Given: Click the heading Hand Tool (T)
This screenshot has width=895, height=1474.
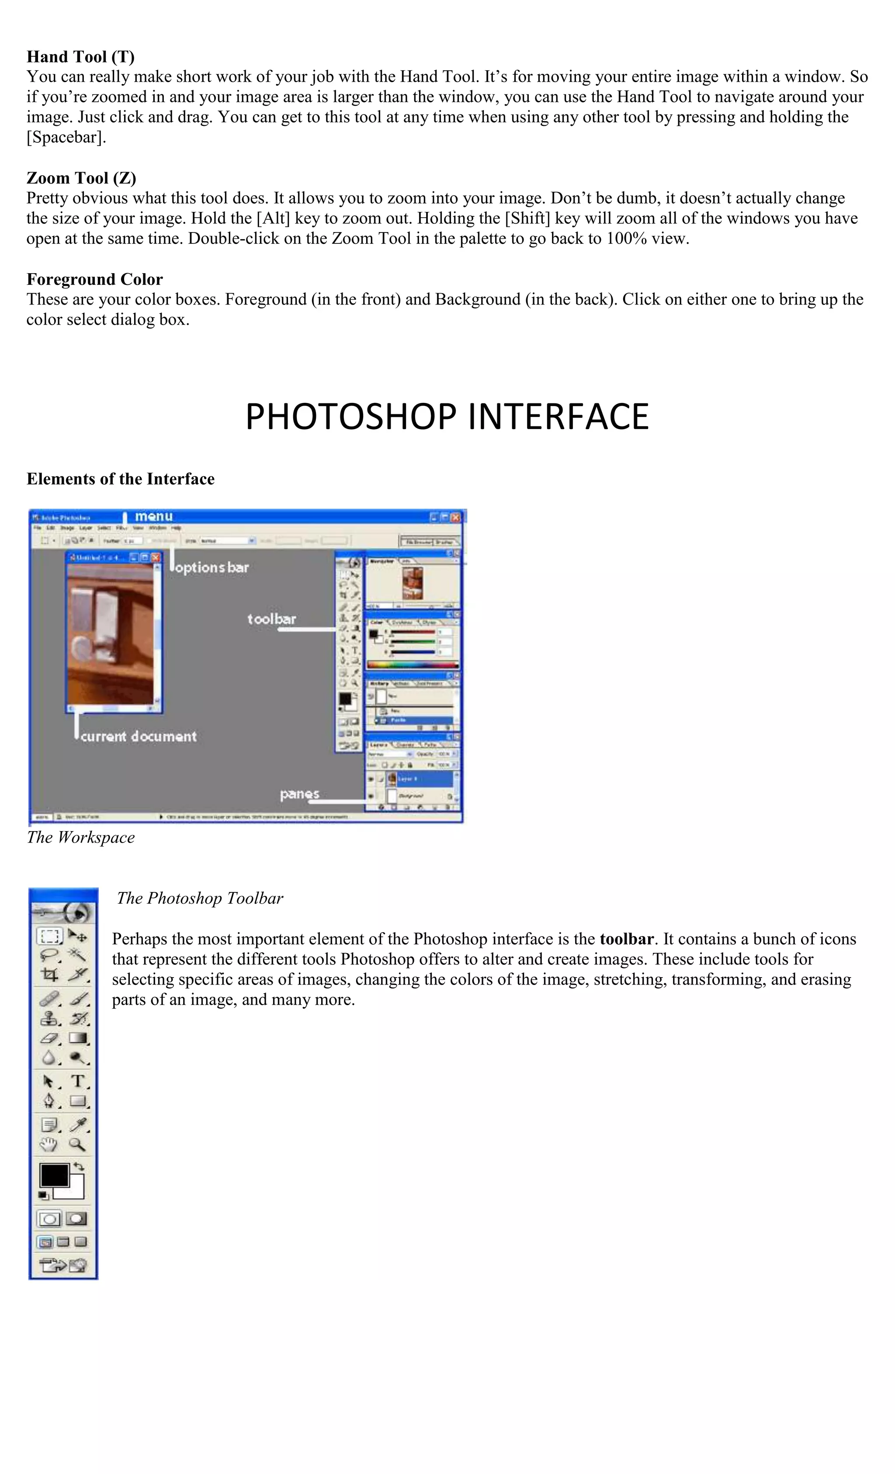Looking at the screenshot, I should pyautogui.click(x=80, y=57).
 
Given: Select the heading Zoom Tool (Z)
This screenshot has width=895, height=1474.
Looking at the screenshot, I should pyautogui.click(x=81, y=178).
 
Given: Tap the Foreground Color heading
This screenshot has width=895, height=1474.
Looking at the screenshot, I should pyautogui.click(x=94, y=279).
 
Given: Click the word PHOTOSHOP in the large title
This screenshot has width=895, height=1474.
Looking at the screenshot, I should pyautogui.click(x=350, y=417).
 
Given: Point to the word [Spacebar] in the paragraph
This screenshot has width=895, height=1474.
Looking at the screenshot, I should pyautogui.click(x=66, y=138).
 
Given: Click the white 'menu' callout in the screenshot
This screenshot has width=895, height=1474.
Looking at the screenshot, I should pyautogui.click(x=154, y=516).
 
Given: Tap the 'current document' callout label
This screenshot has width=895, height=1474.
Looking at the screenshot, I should pyautogui.click(x=138, y=736).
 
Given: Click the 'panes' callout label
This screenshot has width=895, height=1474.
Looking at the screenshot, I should pyautogui.click(x=299, y=794).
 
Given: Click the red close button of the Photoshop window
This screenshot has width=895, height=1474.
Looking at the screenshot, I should pyautogui.click(x=456, y=517).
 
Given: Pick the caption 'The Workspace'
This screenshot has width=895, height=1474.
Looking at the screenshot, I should pyautogui.click(x=80, y=837).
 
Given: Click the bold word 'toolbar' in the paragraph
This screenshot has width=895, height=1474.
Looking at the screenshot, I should pyautogui.click(x=626, y=939).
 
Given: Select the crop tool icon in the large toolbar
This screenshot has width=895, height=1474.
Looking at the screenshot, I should pyautogui.click(x=50, y=975).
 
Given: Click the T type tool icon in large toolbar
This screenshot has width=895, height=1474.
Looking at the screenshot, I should pyautogui.click(x=77, y=1081).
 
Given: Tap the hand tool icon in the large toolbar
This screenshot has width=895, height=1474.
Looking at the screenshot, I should pyautogui.click(x=49, y=1145).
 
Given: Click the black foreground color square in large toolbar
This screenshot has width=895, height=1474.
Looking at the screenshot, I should pyautogui.click(x=54, y=1176).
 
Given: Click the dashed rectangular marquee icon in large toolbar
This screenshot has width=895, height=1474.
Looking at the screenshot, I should pyautogui.click(x=50, y=936).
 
